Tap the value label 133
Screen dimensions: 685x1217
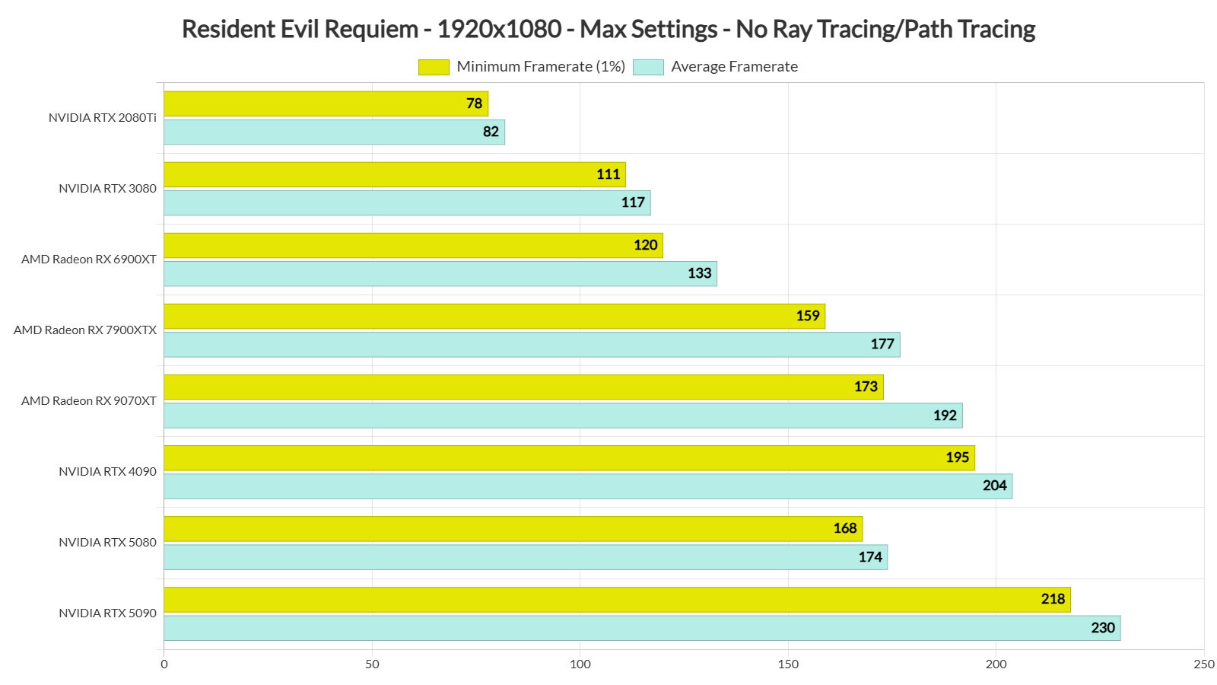(x=699, y=273)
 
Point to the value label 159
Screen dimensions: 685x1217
(x=808, y=316)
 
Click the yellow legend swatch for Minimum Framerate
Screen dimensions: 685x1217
(x=434, y=67)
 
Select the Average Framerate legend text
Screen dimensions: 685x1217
(x=734, y=67)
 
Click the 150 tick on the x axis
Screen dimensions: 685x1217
(x=788, y=664)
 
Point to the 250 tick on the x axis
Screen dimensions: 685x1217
(x=1203, y=664)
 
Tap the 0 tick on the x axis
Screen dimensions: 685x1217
(x=164, y=664)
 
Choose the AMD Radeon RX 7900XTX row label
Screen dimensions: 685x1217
(x=85, y=330)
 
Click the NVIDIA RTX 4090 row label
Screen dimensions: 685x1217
(x=107, y=472)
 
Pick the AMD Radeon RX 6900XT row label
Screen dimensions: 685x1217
(x=89, y=260)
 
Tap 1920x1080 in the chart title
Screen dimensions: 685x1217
(x=499, y=30)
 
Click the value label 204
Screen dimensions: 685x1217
(x=994, y=486)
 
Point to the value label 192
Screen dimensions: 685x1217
(x=945, y=416)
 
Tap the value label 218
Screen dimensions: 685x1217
(x=1053, y=599)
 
